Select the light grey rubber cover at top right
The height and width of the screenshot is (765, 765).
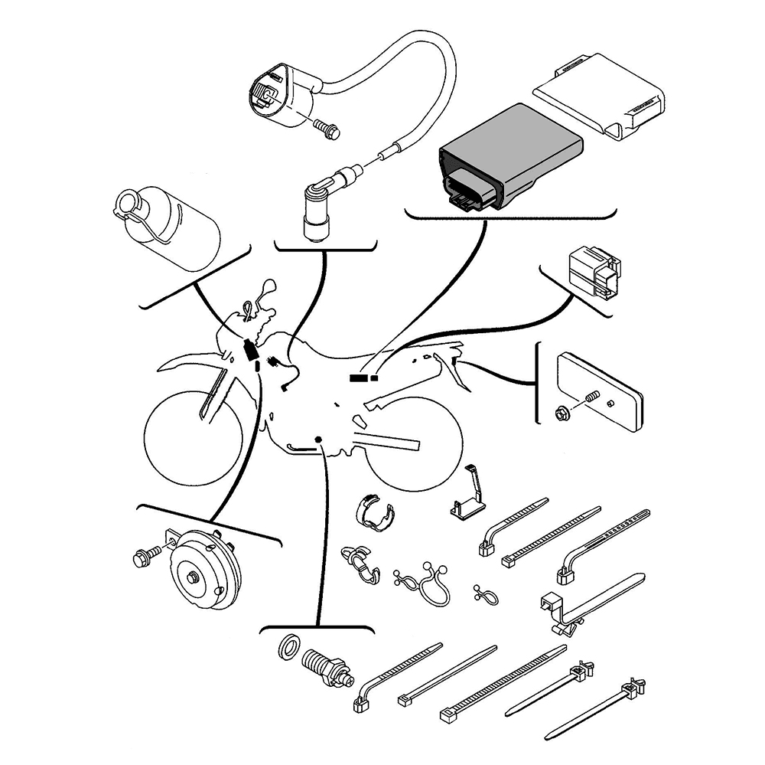pyautogui.click(x=601, y=92)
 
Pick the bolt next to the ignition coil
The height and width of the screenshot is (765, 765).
pyautogui.click(x=327, y=129)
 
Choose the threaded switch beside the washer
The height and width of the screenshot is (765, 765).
pyautogui.click(x=327, y=667)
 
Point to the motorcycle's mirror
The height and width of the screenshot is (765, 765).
pyautogui.click(x=265, y=289)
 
